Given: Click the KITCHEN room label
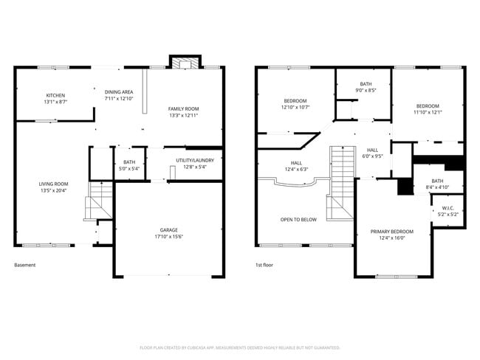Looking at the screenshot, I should coord(55,95).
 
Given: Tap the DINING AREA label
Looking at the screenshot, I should coord(118,91).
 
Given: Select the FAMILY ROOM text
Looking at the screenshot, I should coord(183,109).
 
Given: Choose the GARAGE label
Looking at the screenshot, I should coord(169,230).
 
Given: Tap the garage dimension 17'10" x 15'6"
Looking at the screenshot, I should coord(169,237).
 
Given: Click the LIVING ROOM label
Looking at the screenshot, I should coord(54,184).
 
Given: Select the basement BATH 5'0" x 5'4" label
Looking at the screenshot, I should coord(129,162).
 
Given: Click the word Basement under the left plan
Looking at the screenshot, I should coord(24,265).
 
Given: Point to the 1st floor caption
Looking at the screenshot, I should coord(264,265).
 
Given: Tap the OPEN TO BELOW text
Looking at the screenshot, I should coord(298,219).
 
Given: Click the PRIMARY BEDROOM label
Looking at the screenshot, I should coord(391,232).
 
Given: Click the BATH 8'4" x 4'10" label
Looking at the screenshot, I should coord(437,181).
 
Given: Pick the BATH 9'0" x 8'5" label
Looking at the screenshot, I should coord(366,84).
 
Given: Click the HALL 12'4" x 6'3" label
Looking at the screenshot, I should coord(295,163).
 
